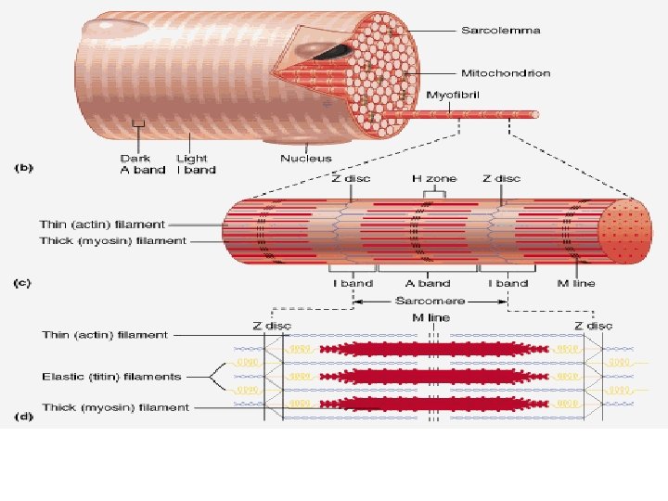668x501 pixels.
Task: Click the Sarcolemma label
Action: coord(501,31)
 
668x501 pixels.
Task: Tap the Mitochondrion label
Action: coord(506,72)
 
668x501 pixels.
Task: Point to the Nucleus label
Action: coord(306,159)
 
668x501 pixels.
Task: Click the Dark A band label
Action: coord(142,164)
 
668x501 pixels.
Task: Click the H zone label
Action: coord(428,178)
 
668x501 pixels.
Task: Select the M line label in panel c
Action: coord(576,283)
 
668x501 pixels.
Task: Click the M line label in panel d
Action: coord(430,318)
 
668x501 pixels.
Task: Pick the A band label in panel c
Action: coord(427,283)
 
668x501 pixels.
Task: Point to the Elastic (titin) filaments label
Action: coord(110,377)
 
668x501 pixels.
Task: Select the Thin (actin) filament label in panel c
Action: coord(102,224)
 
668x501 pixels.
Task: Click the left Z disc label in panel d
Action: coord(272,326)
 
